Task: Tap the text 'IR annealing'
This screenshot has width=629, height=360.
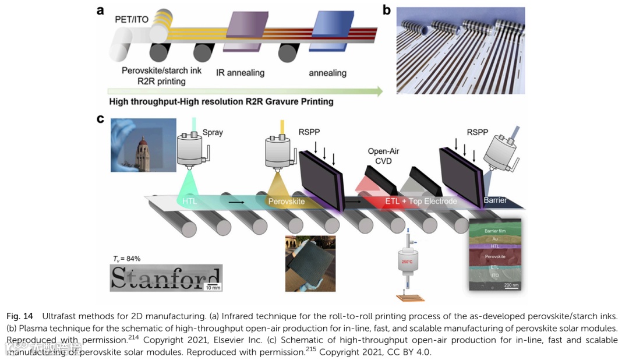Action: (240, 73)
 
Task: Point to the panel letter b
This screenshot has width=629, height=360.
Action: (386, 10)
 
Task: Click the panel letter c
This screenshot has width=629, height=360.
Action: (101, 119)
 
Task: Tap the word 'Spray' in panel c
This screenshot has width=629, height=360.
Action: (213, 133)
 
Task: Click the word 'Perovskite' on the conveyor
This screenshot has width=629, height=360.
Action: (287, 202)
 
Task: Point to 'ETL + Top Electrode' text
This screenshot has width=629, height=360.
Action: (421, 202)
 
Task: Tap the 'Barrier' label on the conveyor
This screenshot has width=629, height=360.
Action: (495, 200)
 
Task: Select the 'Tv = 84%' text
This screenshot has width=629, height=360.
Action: (126, 258)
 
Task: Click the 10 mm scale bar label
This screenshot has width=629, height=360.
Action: (213, 287)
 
